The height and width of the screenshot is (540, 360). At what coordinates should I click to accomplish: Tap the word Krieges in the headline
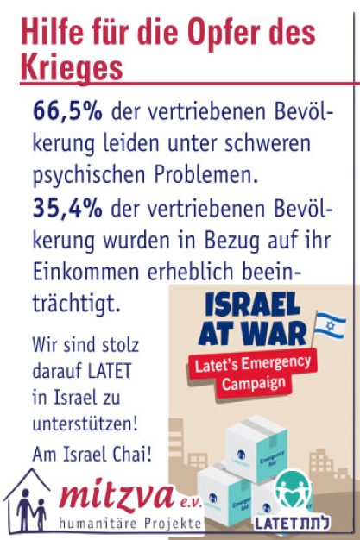tap(72, 67)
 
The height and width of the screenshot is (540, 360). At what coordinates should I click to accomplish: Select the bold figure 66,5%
tap(67, 111)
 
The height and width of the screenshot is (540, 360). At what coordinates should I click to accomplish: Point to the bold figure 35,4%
tap(67, 209)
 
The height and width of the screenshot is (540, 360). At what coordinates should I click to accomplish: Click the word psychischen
tap(89, 176)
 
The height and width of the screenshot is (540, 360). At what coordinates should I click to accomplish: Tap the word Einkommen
tap(85, 272)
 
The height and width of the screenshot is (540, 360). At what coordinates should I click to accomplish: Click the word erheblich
tap(191, 272)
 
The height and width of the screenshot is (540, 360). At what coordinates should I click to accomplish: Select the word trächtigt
tap(76, 304)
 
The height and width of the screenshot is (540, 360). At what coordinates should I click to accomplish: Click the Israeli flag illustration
tap(329, 325)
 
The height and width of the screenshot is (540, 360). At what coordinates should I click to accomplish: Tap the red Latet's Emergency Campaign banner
tap(253, 374)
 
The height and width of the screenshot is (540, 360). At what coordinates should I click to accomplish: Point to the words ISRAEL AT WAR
tap(252, 318)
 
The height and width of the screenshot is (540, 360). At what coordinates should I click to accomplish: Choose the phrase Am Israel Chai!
tap(92, 454)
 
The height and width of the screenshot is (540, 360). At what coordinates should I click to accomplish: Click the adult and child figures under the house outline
tap(31, 509)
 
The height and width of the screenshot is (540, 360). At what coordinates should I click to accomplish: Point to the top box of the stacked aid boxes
tap(256, 449)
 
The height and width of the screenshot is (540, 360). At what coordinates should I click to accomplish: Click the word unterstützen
tap(85, 424)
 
